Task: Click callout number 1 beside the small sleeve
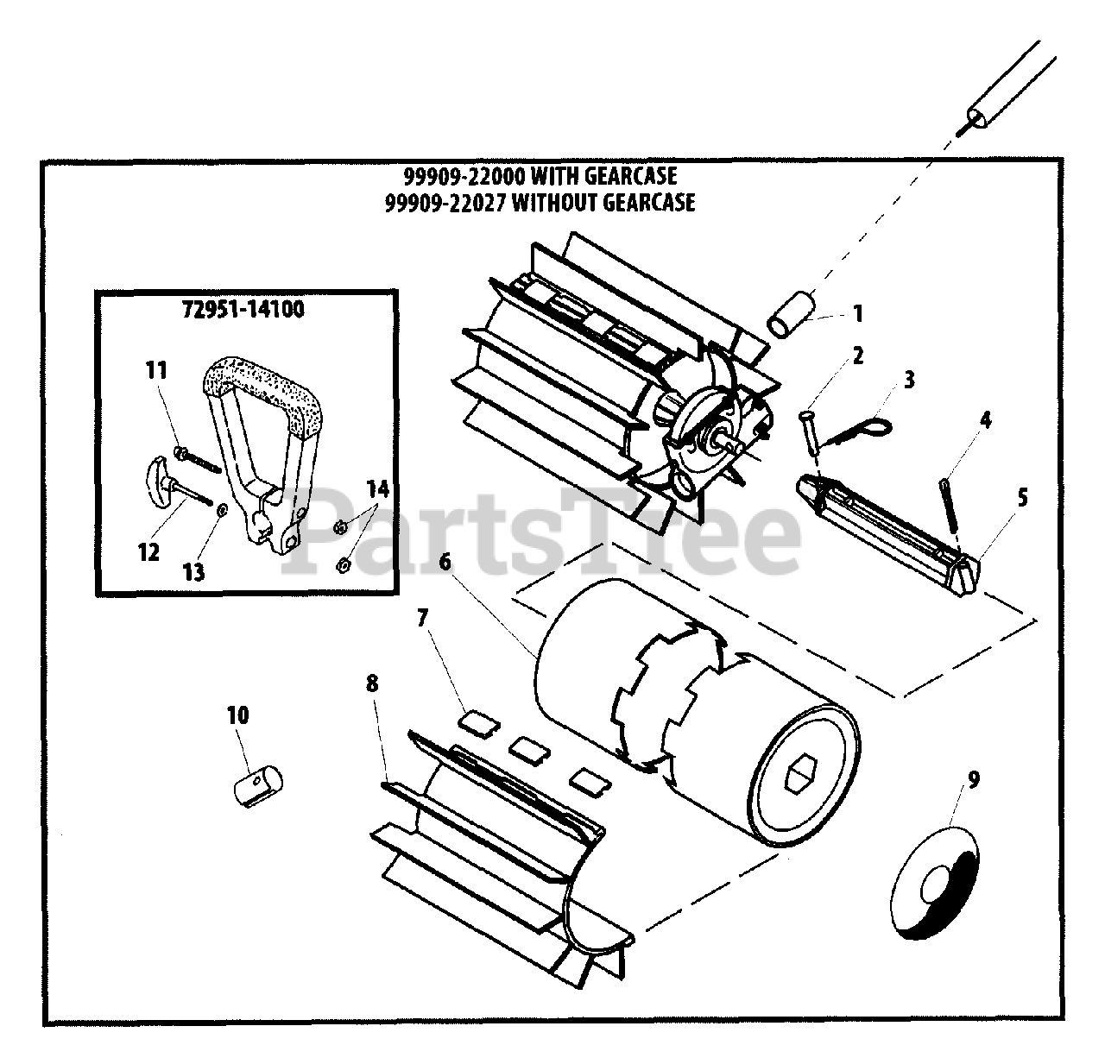(857, 313)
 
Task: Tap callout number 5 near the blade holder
(1022, 498)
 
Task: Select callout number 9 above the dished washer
(973, 780)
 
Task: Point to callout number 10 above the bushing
(237, 715)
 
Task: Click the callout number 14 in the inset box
(376, 490)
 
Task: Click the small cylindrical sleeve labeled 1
(792, 316)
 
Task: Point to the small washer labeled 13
(222, 511)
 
